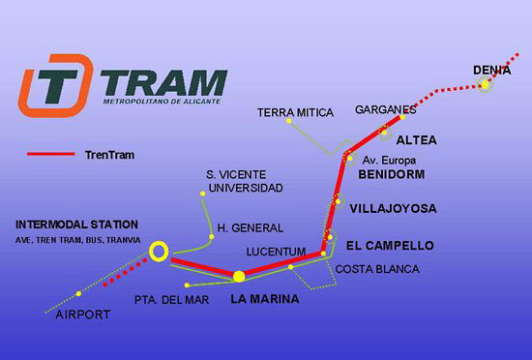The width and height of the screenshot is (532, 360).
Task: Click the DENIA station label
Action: coord(491,71)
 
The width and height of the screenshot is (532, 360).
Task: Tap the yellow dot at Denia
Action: coord(486,84)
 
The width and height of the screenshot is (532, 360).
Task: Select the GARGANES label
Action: coord(385,109)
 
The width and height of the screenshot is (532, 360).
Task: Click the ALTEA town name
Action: coord(416,140)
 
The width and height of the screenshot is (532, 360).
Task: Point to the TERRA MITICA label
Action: coord(295,112)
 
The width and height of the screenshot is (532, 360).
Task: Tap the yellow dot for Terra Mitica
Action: coord(289,121)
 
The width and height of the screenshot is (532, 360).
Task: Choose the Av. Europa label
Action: coord(389,160)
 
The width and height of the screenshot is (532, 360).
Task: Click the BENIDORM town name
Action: coord(392,174)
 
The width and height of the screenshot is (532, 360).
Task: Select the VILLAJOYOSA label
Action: coord(394,208)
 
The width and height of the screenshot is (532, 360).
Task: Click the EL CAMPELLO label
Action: coord(390,245)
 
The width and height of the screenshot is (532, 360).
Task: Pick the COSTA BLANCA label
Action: coord(377,269)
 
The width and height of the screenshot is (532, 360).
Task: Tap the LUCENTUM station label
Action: coord(276,252)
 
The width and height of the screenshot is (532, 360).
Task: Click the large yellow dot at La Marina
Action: coord(239,276)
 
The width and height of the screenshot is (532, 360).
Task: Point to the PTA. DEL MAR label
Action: coord(171,300)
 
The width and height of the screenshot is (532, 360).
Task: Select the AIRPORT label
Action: coord(83,315)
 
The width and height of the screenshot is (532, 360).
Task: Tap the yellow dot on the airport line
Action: coord(78,293)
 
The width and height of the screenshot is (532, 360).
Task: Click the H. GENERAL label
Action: coord(251,228)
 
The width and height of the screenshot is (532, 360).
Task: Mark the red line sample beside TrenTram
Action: coord(51,154)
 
